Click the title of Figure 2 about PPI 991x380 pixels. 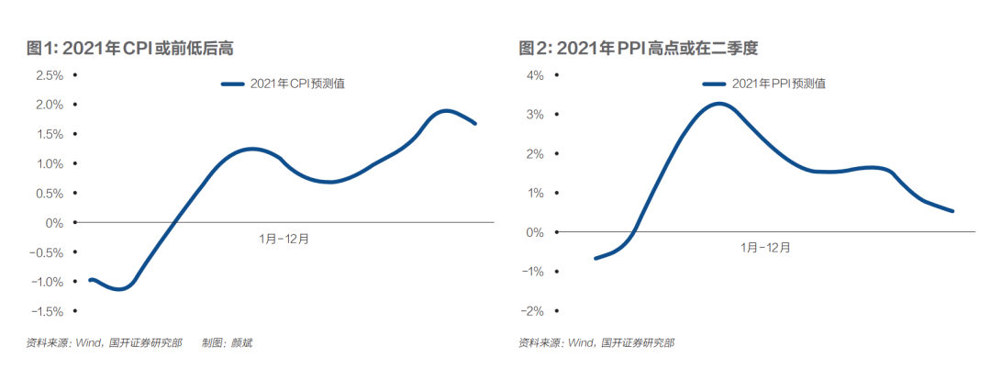click(x=638, y=48)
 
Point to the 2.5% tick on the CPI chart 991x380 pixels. click(x=49, y=75)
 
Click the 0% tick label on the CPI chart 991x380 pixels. click(x=54, y=223)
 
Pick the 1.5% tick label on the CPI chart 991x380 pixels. click(x=49, y=134)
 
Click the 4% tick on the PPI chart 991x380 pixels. click(x=536, y=75)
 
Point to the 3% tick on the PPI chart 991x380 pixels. click(x=536, y=115)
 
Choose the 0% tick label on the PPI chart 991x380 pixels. click(x=536, y=232)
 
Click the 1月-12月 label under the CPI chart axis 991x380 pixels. click(x=284, y=239)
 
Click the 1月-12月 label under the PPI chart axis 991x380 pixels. click(x=765, y=247)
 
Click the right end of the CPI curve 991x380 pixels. click(x=474, y=123)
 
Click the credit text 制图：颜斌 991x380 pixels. click(x=227, y=343)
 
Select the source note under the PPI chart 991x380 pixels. click(x=596, y=343)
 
